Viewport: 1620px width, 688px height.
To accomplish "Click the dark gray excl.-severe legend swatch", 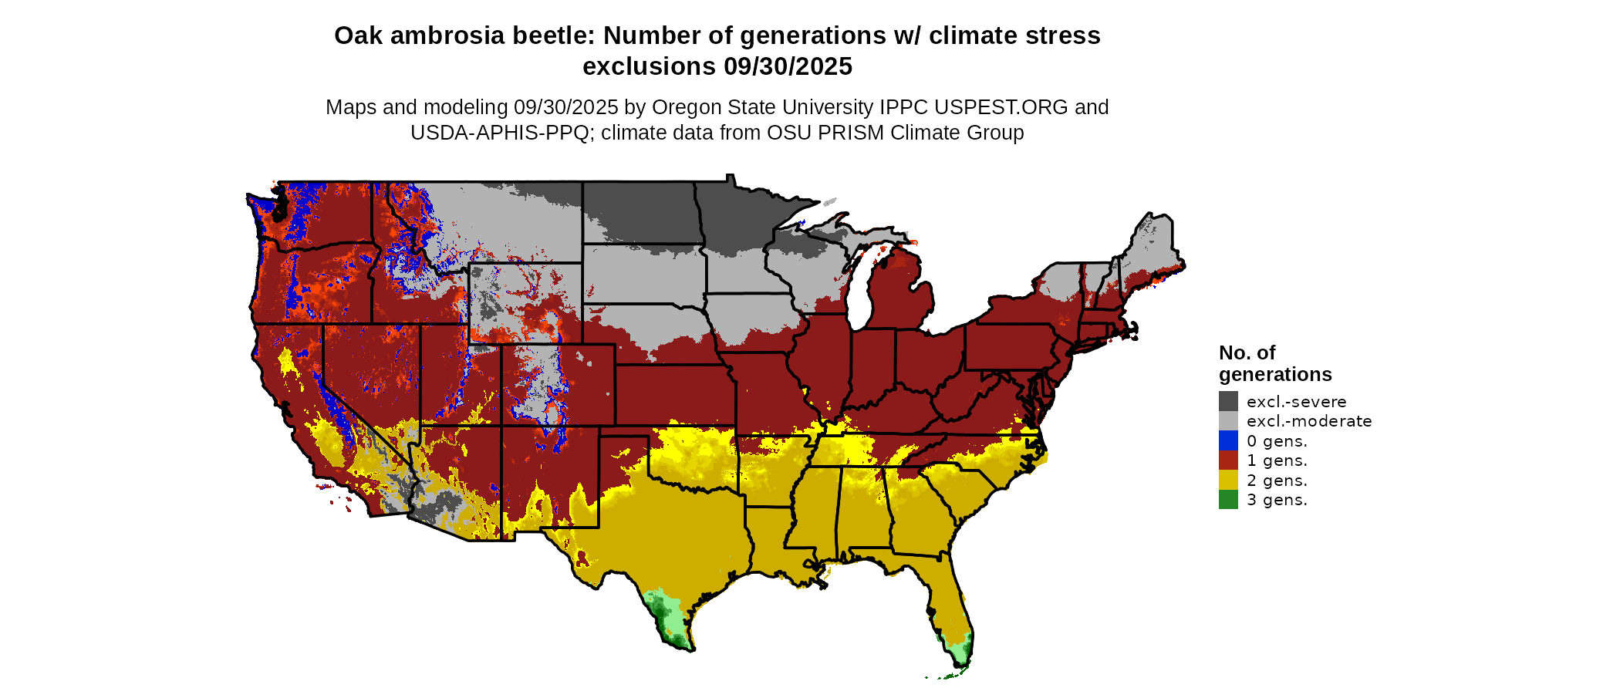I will (x=1228, y=401).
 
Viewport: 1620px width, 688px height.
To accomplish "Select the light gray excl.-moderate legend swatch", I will (x=1228, y=421).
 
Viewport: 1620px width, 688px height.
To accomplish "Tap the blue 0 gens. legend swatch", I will (x=1228, y=440).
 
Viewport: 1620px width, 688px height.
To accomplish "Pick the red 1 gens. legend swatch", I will (x=1228, y=460).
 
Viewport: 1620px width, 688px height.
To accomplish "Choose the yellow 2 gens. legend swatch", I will (x=1228, y=480).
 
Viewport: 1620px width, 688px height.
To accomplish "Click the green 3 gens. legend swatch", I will (x=1228, y=500).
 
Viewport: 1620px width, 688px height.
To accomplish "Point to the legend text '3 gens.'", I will (x=1277, y=500).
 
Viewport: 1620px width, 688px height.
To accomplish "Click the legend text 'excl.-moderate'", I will (x=1309, y=421).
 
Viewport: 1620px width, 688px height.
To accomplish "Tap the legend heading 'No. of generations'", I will (x=1274, y=363).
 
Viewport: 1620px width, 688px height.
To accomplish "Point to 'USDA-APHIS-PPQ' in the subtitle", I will (x=500, y=133).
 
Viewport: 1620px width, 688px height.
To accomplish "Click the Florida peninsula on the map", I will (x=949, y=602).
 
